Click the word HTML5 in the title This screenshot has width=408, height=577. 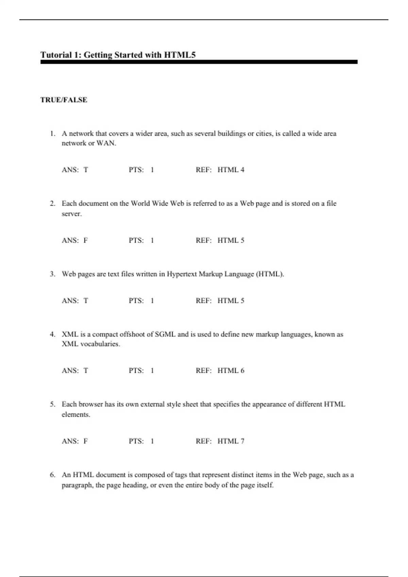pos(180,55)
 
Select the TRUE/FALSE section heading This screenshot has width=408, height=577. pos(64,100)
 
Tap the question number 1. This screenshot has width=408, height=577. pos(52,133)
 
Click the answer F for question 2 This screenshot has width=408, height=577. pos(86,240)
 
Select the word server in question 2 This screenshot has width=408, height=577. pos(71,214)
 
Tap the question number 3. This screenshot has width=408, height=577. pos(52,274)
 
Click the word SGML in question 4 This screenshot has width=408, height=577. pos(165,334)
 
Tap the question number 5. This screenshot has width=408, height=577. pos(52,404)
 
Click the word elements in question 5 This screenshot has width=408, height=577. pos(75,414)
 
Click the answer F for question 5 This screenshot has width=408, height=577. pos(86,441)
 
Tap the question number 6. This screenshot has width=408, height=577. pos(52,475)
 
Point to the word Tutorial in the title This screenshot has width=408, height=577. pos(56,55)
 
